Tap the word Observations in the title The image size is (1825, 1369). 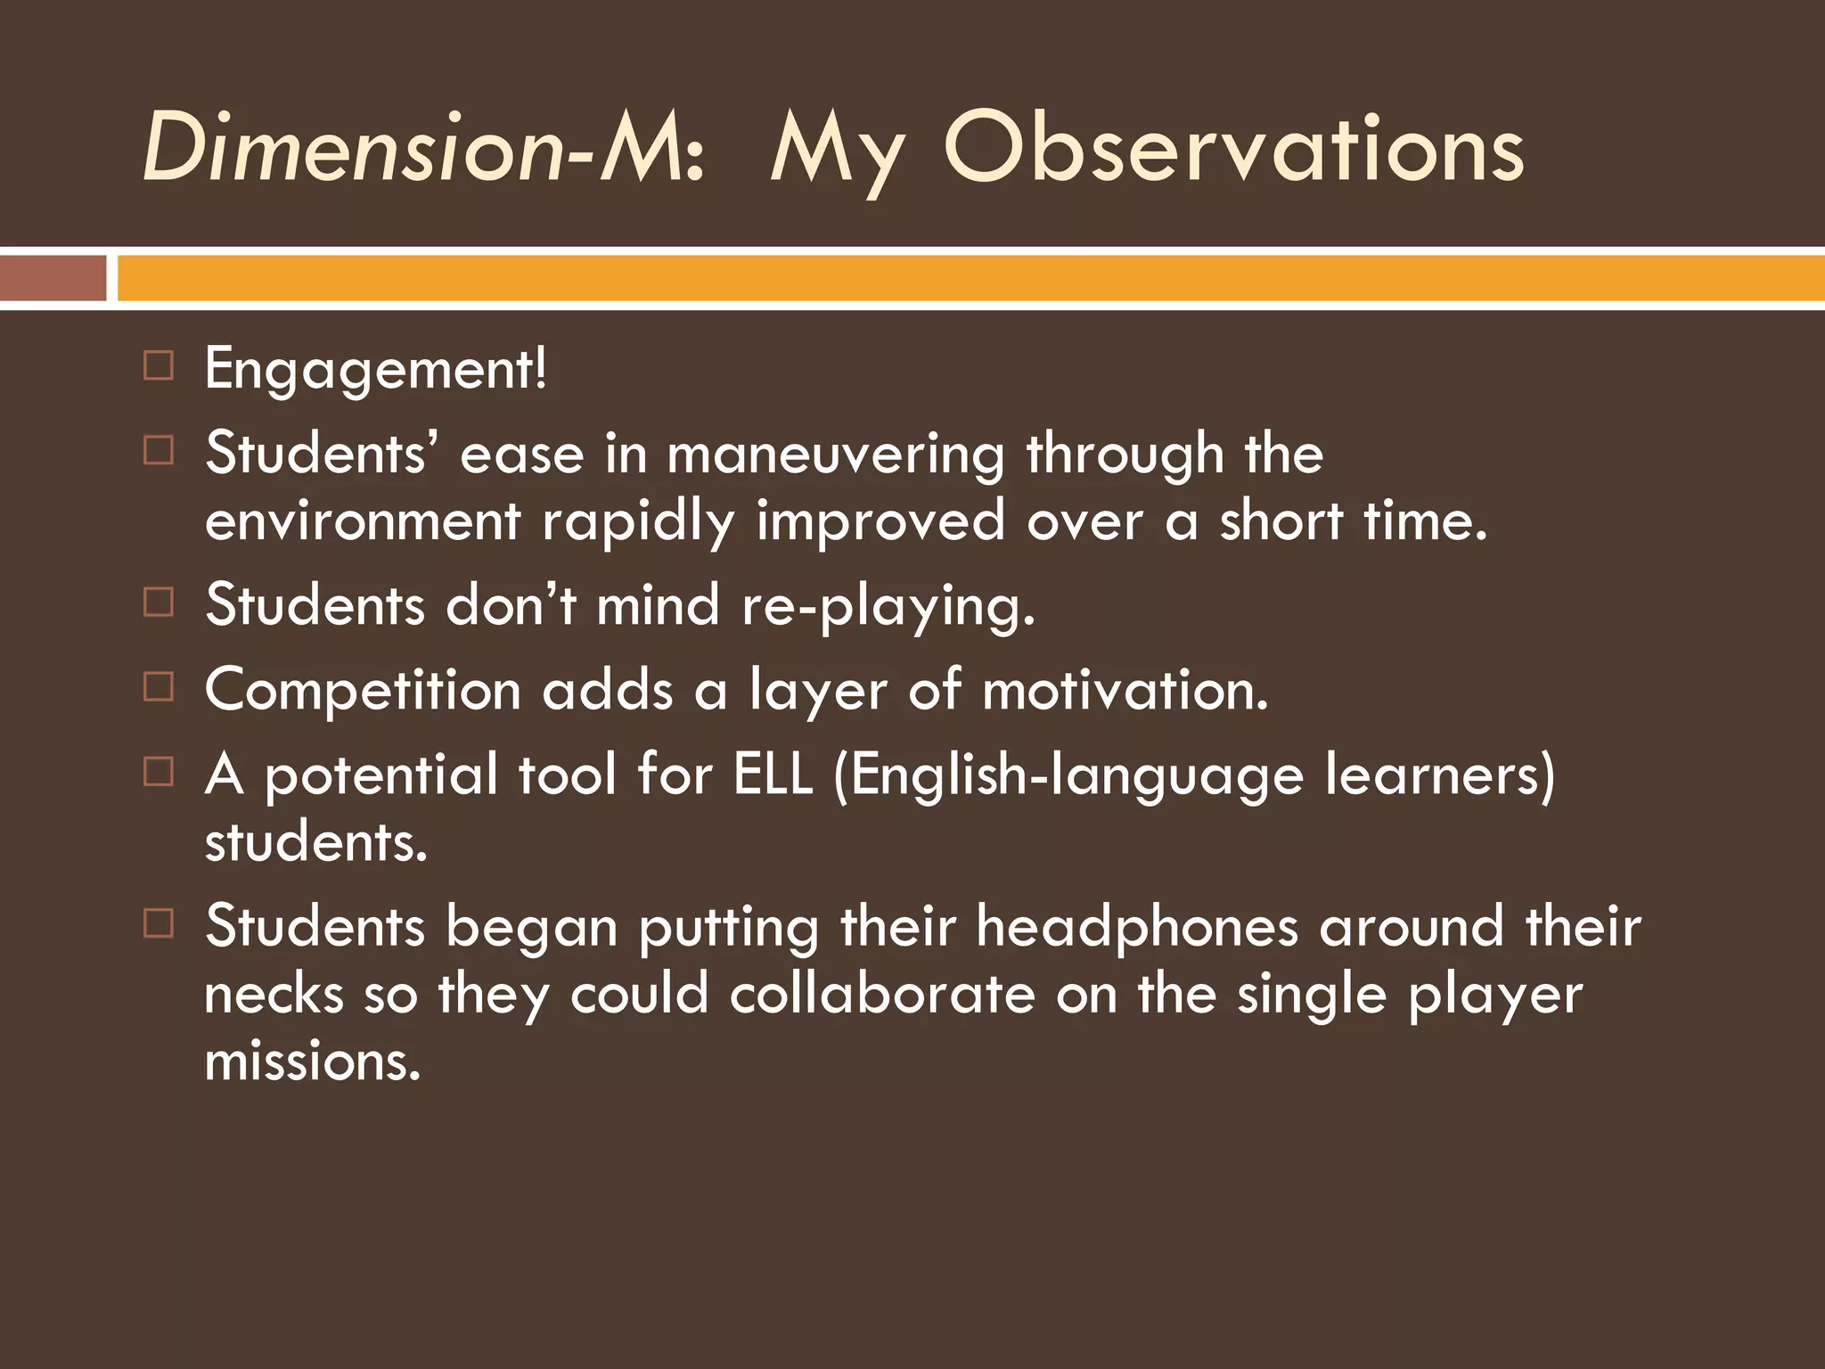1233,150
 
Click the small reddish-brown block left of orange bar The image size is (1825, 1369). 53,278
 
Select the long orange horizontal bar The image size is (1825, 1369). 970,278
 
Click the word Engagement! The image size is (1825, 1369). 375,370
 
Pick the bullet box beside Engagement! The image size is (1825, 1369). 158,365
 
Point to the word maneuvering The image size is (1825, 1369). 835,455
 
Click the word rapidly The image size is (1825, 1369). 638,521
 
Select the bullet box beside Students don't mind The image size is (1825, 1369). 158,603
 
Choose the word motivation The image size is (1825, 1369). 1125,691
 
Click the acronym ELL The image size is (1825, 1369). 773,774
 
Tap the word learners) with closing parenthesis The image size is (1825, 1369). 1439,774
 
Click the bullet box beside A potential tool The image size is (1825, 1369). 158,772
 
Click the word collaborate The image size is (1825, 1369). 881,994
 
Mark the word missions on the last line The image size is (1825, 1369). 312,1061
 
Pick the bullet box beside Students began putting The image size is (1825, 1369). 158,923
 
